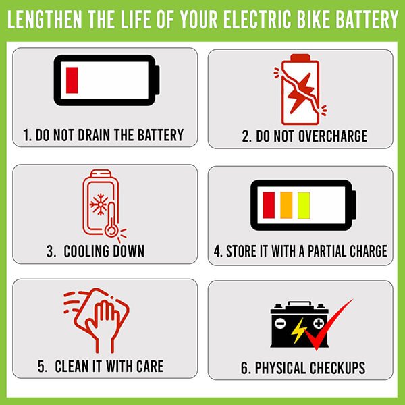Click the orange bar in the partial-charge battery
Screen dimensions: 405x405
pyautogui.click(x=286, y=205)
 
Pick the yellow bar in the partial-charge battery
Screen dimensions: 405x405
pyautogui.click(x=304, y=205)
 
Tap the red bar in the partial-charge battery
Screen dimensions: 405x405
pyautogui.click(x=269, y=205)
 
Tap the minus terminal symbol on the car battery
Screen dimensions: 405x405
pyautogui.click(x=281, y=323)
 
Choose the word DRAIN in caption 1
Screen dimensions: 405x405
pyautogui.click(x=92, y=134)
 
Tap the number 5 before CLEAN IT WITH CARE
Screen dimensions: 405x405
pyautogui.click(x=41, y=367)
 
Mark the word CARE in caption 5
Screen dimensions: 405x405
pyautogui.click(x=148, y=367)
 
